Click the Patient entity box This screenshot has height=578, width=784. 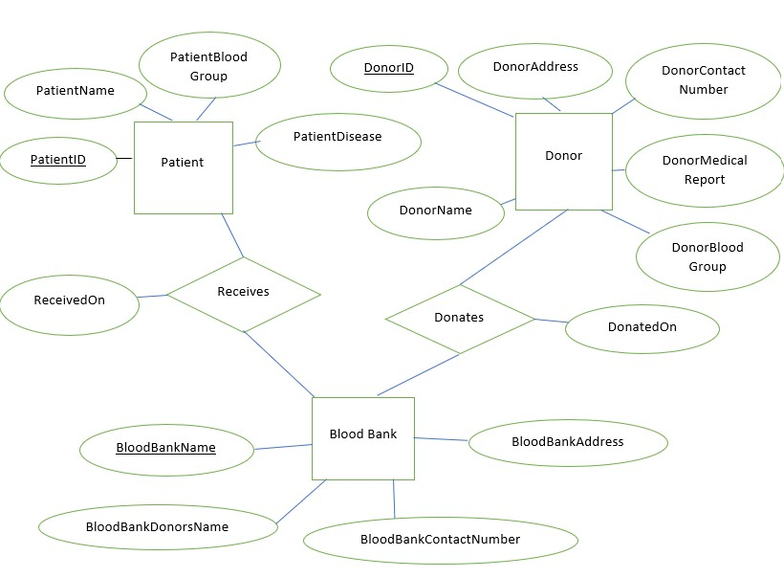(x=183, y=167)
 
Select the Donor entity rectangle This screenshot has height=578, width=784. (x=563, y=161)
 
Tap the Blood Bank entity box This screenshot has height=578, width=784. (x=363, y=438)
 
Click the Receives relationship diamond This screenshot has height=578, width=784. (x=244, y=293)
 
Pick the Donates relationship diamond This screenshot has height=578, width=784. (x=460, y=319)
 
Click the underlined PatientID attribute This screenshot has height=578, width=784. (x=58, y=160)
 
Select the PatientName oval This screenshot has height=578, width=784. (x=76, y=92)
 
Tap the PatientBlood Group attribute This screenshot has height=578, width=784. (x=209, y=66)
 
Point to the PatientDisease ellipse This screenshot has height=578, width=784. (x=338, y=138)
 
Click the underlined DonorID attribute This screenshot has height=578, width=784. (x=389, y=68)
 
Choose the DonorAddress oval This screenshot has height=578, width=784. (x=535, y=68)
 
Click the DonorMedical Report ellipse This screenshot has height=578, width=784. (x=705, y=170)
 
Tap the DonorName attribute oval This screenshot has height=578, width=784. (x=436, y=211)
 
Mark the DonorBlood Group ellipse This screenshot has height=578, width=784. (x=708, y=257)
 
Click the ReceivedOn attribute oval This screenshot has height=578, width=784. (x=70, y=300)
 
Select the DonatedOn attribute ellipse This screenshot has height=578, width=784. (x=642, y=328)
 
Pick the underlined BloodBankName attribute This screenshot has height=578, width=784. (x=166, y=449)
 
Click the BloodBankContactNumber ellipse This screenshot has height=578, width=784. (x=441, y=540)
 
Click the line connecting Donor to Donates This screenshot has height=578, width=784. (x=514, y=246)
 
